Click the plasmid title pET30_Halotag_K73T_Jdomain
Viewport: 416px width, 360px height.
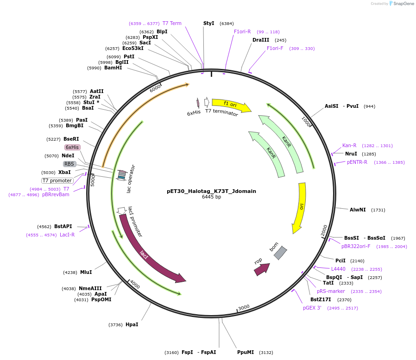[x=211, y=191]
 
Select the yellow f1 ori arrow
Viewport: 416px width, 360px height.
[x=230, y=105]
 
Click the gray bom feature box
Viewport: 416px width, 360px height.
[x=280, y=253]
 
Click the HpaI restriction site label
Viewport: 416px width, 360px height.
[x=132, y=325]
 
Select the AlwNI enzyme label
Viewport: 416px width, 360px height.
[x=358, y=210]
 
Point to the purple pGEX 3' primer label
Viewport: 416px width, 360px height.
[x=312, y=308]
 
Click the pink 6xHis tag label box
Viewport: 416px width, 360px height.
[x=72, y=147]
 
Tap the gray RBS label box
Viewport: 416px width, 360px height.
[x=69, y=164]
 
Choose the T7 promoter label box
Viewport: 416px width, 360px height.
[x=57, y=180]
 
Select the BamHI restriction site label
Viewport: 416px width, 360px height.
[x=113, y=68]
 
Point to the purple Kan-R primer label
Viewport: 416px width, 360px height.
[x=349, y=145]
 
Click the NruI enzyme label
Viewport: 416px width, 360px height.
[x=351, y=154]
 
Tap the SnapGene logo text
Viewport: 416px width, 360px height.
[x=402, y=4]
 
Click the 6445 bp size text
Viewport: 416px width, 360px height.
[x=211, y=197]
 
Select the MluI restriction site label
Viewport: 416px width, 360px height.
[x=86, y=273]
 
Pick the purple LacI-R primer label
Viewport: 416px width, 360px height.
[x=67, y=235]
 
